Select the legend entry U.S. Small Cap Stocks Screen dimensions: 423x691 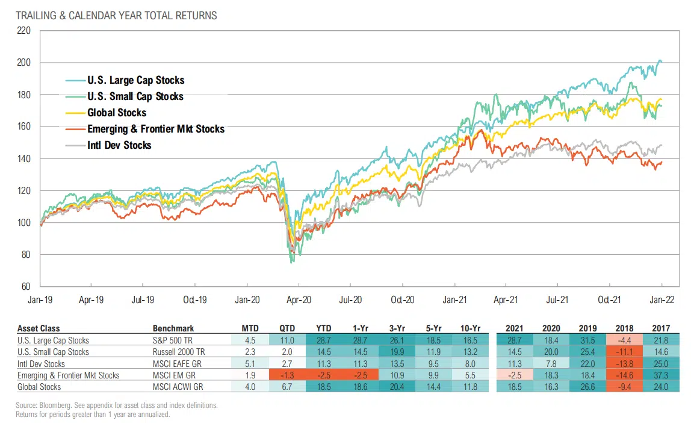pos(135,96)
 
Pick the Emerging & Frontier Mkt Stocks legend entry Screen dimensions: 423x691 pos(155,128)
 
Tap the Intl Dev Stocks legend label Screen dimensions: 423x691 pos(119,145)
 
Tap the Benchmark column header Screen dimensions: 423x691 pos(173,328)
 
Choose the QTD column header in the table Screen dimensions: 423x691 pos(287,328)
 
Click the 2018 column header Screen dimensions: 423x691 pos(623,328)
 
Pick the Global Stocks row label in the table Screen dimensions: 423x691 pos(39,387)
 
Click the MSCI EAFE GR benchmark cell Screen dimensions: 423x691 pos(178,363)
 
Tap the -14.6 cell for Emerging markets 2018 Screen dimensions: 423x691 pos(623,375)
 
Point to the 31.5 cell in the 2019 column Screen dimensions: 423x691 pos(587,340)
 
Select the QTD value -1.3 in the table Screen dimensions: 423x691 pos(287,375)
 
